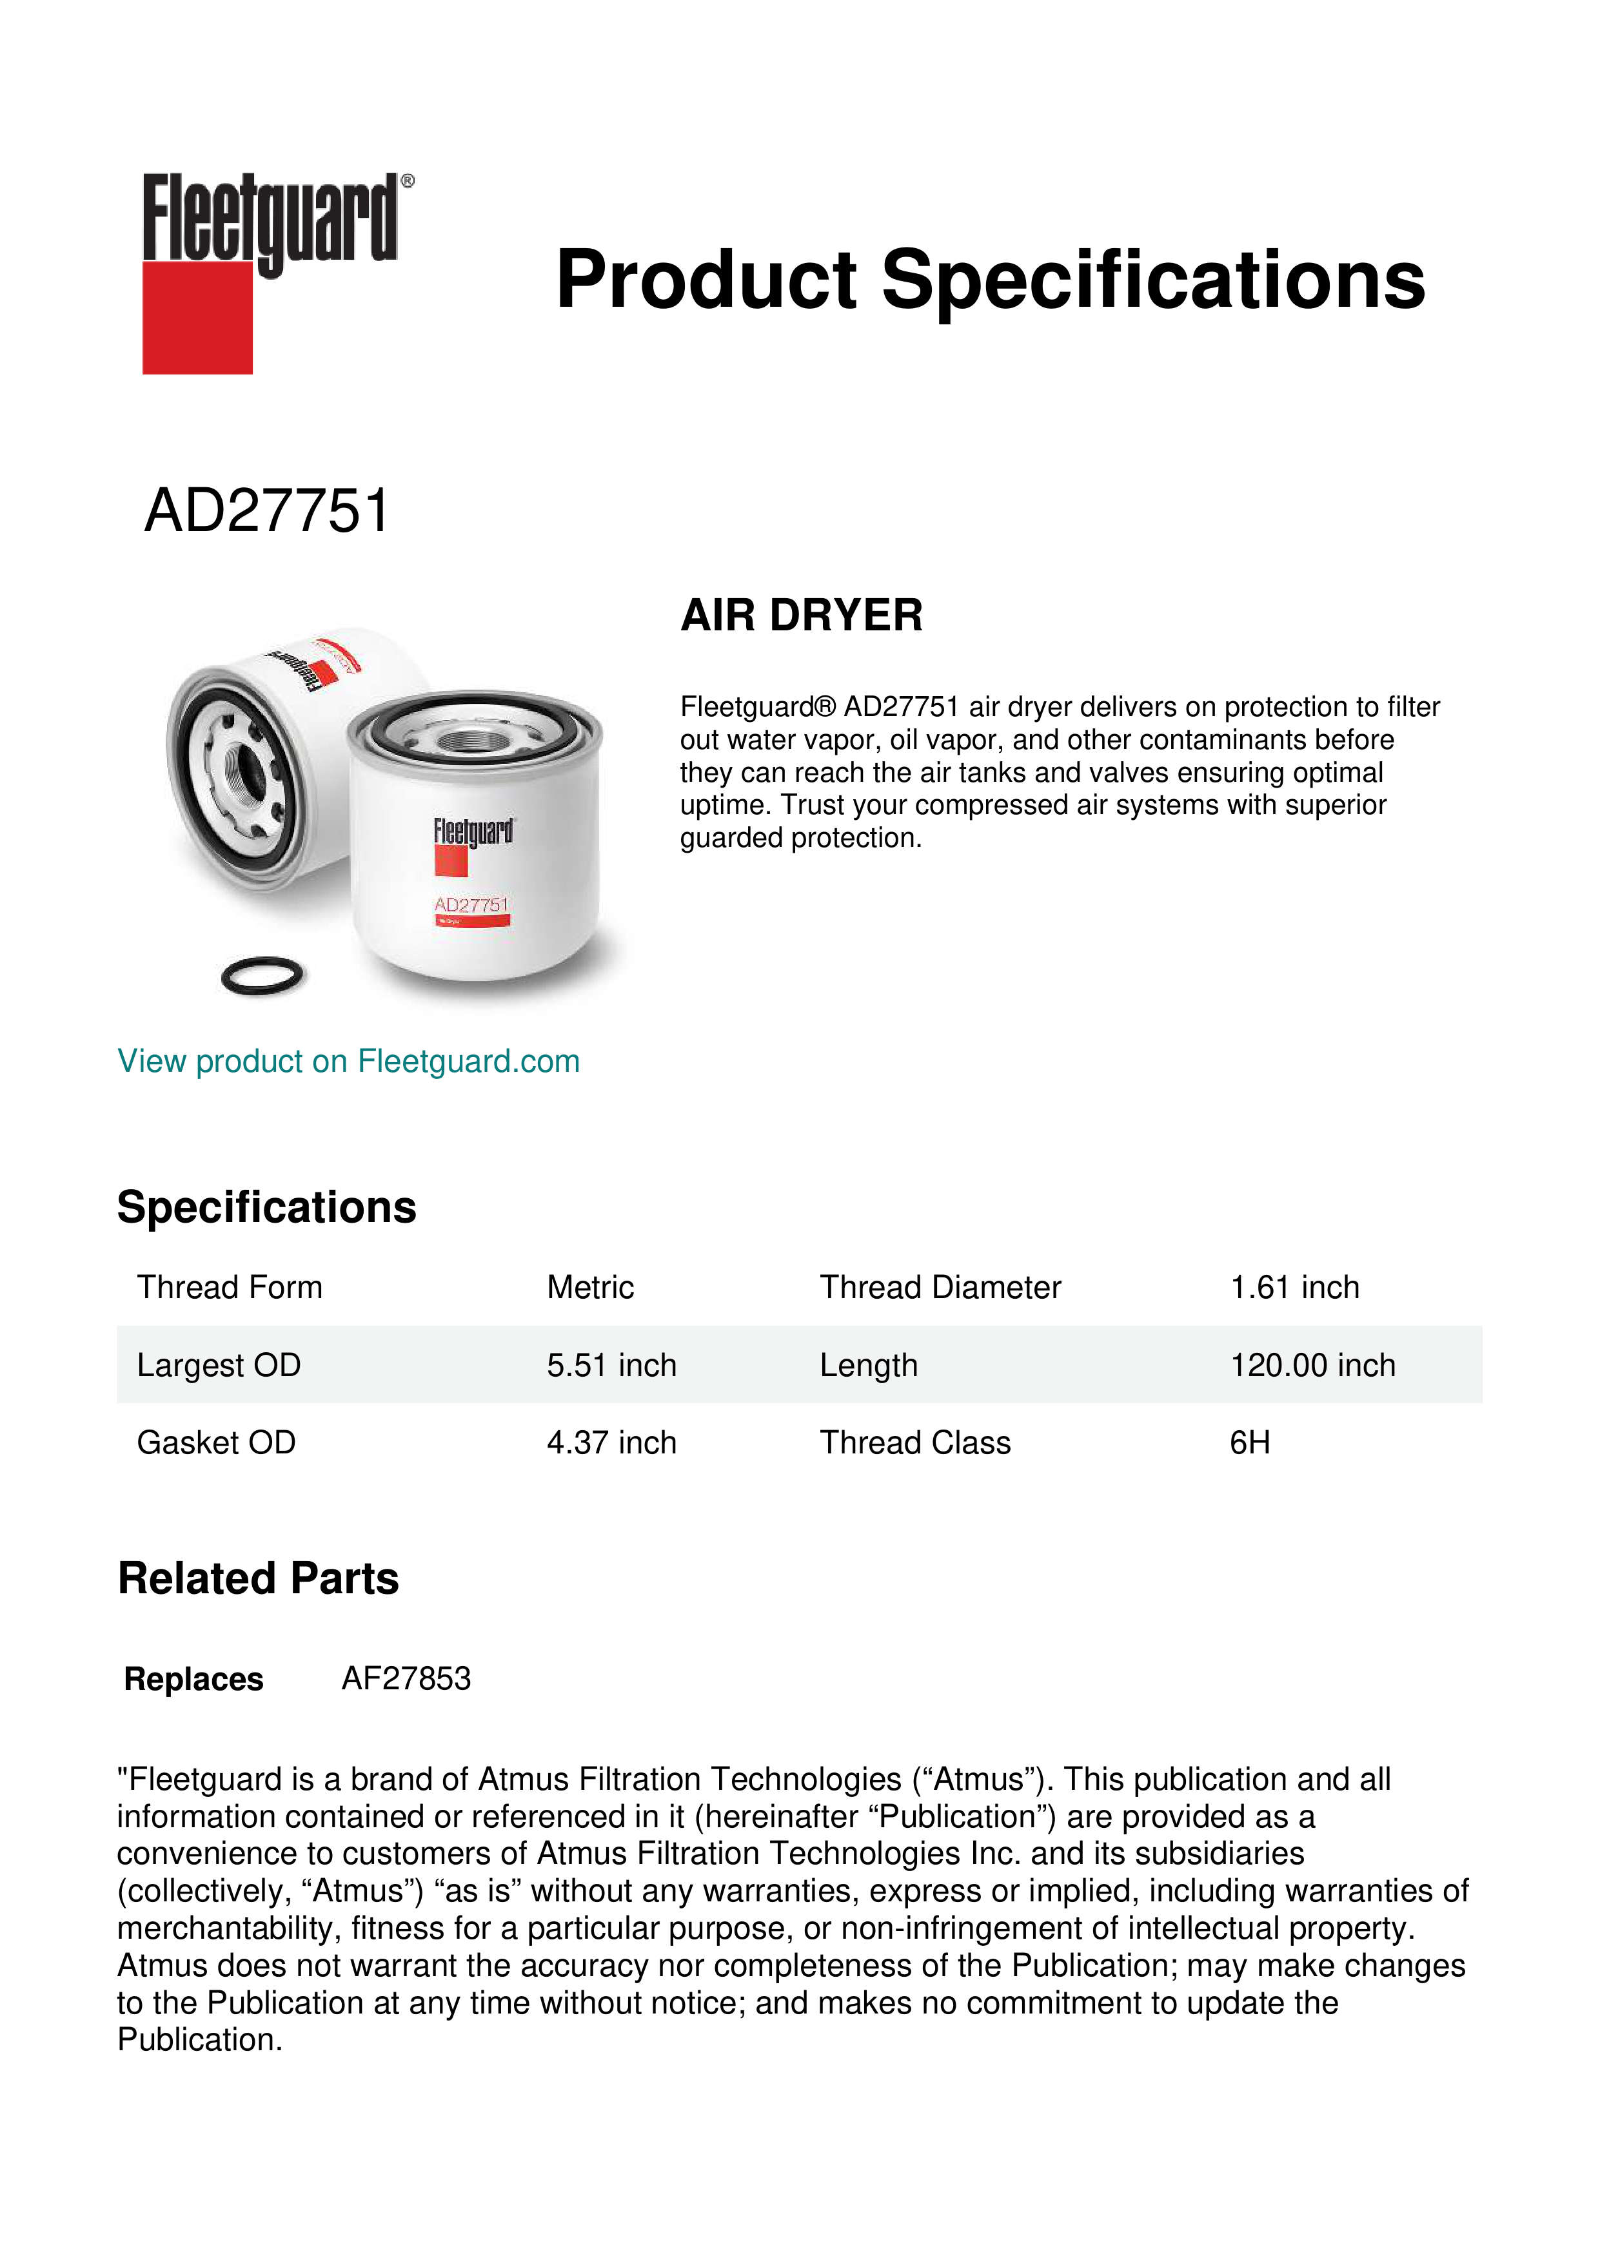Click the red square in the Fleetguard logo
[x=197, y=317]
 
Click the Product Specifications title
[x=989, y=280]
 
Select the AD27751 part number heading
[x=267, y=511]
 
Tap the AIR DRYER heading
[x=801, y=616]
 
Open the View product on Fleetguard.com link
[x=349, y=1062]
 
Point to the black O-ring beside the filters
[x=262, y=975]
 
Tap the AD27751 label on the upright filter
[x=471, y=905]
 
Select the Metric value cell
[x=590, y=1287]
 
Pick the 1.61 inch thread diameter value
[x=1294, y=1287]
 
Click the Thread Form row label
[x=230, y=1287]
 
